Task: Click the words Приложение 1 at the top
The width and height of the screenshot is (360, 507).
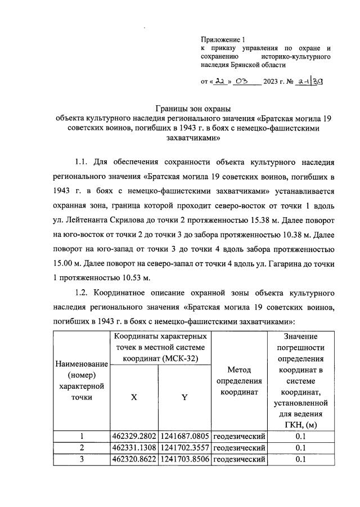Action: (223, 40)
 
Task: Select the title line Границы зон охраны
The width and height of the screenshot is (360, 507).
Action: (193, 109)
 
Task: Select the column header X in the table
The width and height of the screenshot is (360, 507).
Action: (134, 397)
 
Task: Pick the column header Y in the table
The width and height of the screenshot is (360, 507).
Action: (184, 397)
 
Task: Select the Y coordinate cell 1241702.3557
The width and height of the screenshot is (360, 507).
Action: (184, 448)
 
